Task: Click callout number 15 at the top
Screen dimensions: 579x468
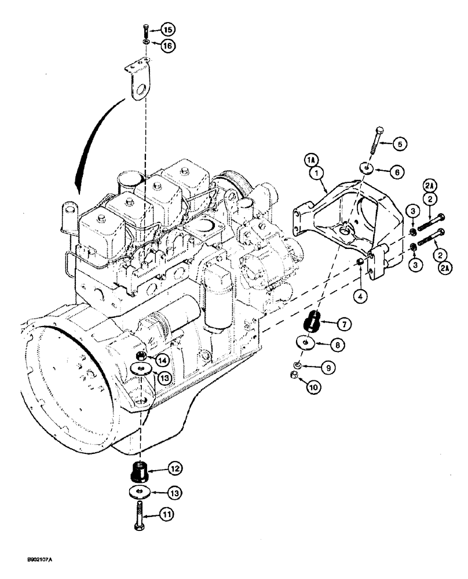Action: click(167, 30)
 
